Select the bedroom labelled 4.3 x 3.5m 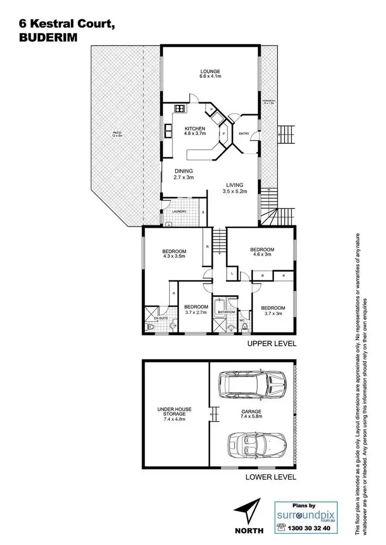(x=173, y=252)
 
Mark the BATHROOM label (x=226, y=312)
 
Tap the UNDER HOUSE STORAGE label (x=174, y=412)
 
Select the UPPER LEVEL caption (x=272, y=344)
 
